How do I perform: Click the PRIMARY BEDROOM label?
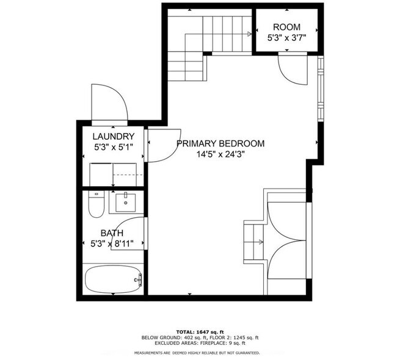coord(220,143)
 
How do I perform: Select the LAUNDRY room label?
coord(113,136)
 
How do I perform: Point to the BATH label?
coord(112,233)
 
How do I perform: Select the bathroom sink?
coord(126,202)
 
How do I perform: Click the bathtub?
coord(113,280)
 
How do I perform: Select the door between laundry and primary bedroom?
coord(160,146)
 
